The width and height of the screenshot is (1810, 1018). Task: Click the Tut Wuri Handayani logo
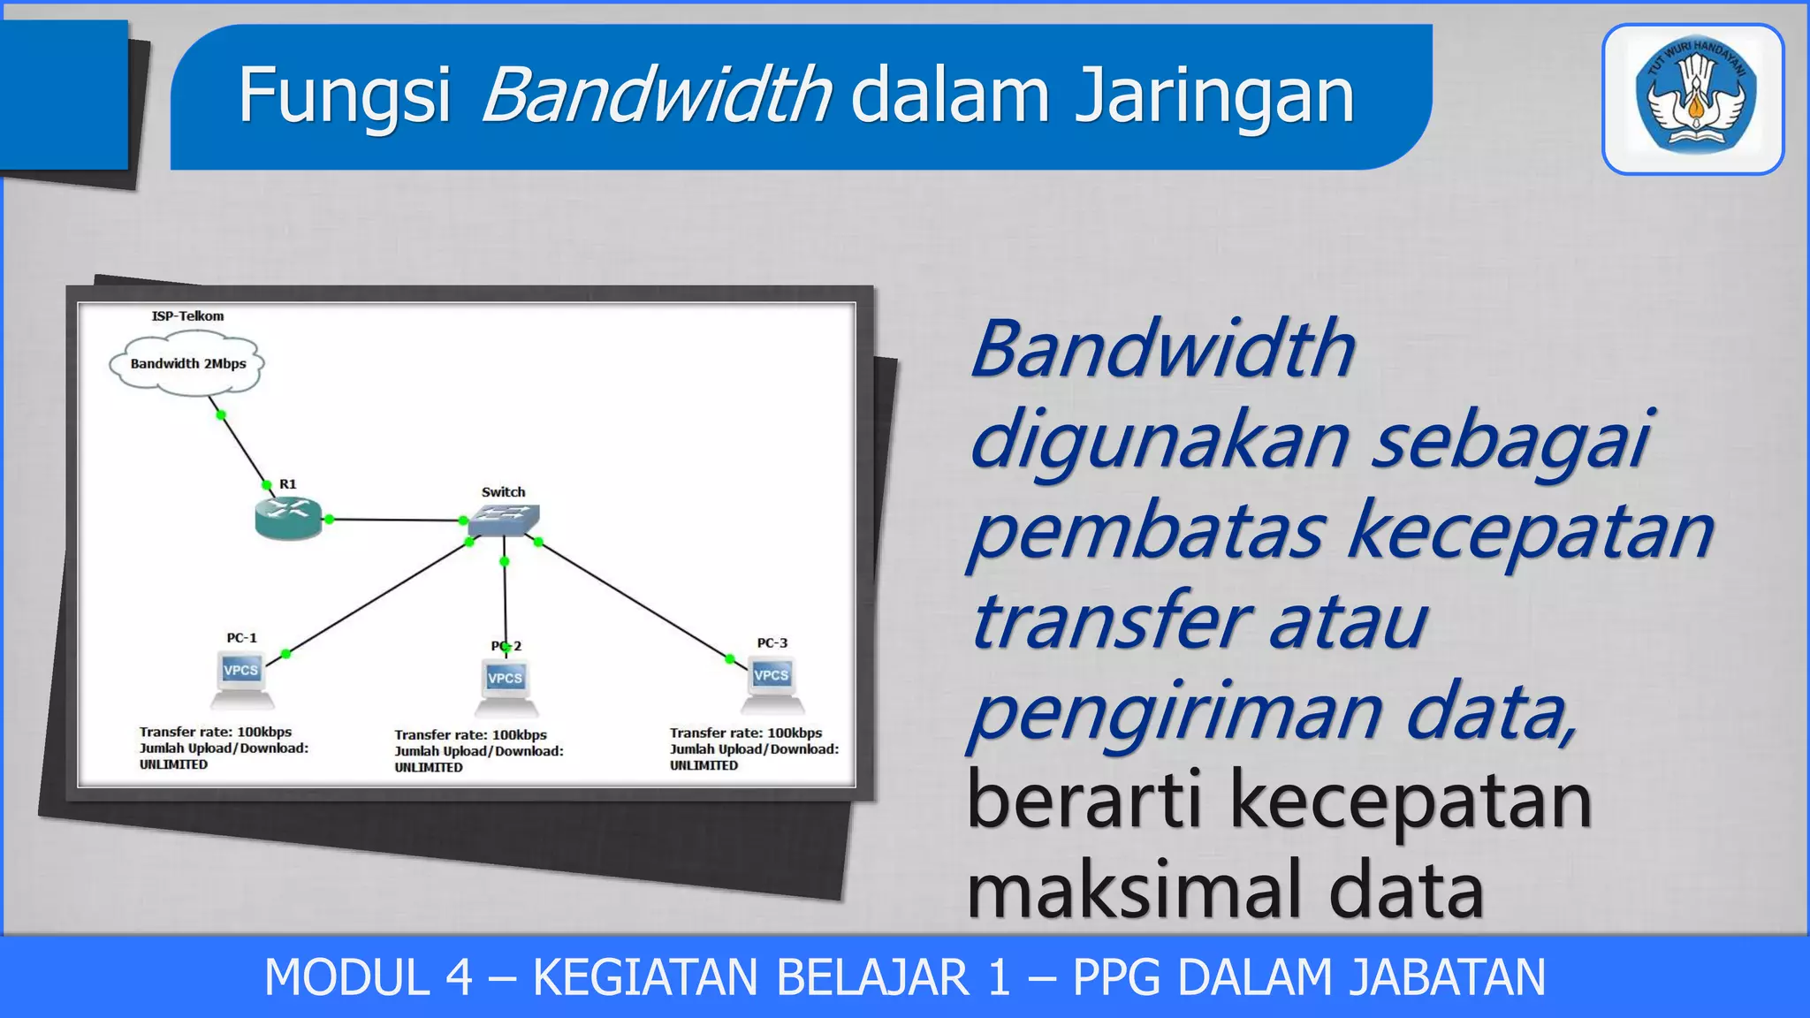coord(1693,99)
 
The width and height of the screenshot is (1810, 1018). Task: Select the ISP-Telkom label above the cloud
coord(187,315)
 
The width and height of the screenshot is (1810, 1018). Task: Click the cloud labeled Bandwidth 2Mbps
coord(187,363)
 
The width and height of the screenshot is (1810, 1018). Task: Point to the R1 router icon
coord(287,518)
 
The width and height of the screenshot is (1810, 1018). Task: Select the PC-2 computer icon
coord(506,688)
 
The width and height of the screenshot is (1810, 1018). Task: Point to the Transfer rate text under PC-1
coord(215,732)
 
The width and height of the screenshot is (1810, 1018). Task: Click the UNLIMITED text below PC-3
coord(703,765)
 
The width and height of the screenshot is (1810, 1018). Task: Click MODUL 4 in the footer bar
coord(369,978)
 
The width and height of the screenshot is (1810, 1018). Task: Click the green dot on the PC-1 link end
coord(285,654)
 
